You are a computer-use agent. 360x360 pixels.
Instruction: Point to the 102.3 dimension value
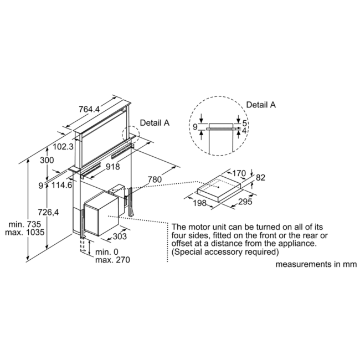(x=63, y=147)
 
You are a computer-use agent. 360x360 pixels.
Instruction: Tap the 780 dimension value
(x=156, y=179)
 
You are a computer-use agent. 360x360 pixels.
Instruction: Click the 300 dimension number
(x=47, y=161)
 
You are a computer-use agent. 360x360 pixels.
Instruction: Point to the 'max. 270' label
(x=112, y=260)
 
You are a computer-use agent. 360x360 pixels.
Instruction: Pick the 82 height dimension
(x=261, y=177)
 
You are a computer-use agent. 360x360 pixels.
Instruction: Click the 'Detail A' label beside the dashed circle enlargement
(x=260, y=104)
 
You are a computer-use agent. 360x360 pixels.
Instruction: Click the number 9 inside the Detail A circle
(x=194, y=127)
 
